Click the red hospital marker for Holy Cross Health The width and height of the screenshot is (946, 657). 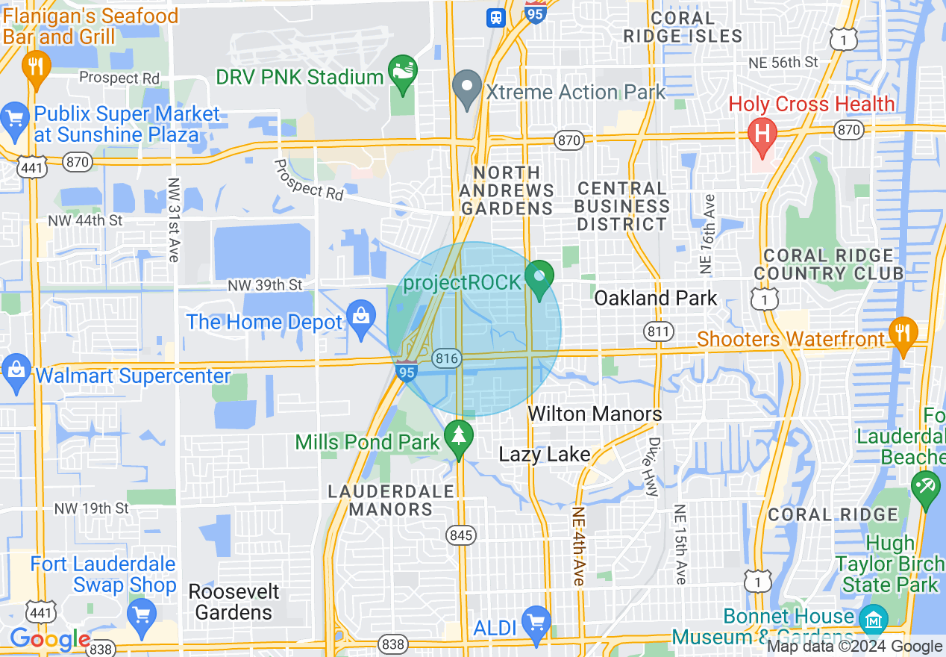click(762, 134)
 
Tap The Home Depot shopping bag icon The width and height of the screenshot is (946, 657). click(361, 317)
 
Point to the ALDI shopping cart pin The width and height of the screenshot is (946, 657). click(536, 623)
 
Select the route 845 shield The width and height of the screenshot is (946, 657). click(460, 535)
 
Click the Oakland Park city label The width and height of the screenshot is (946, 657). click(655, 299)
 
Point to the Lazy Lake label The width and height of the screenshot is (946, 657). click(544, 455)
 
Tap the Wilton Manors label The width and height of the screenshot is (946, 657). click(595, 414)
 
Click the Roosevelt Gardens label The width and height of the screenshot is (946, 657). click(234, 602)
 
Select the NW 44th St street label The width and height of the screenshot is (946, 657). click(85, 221)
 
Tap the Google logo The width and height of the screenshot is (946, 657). click(49, 639)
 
